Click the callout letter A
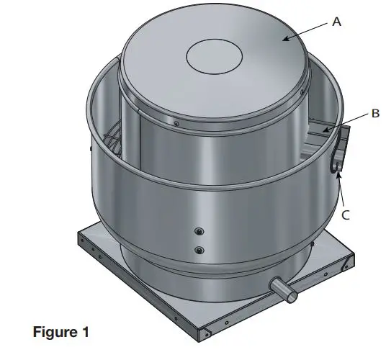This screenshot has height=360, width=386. [x=336, y=22]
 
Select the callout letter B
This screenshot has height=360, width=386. [x=374, y=113]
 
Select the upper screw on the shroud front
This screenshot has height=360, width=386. [x=199, y=232]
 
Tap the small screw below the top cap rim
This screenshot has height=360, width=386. [x=176, y=123]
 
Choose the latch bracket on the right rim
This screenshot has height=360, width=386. [x=339, y=148]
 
